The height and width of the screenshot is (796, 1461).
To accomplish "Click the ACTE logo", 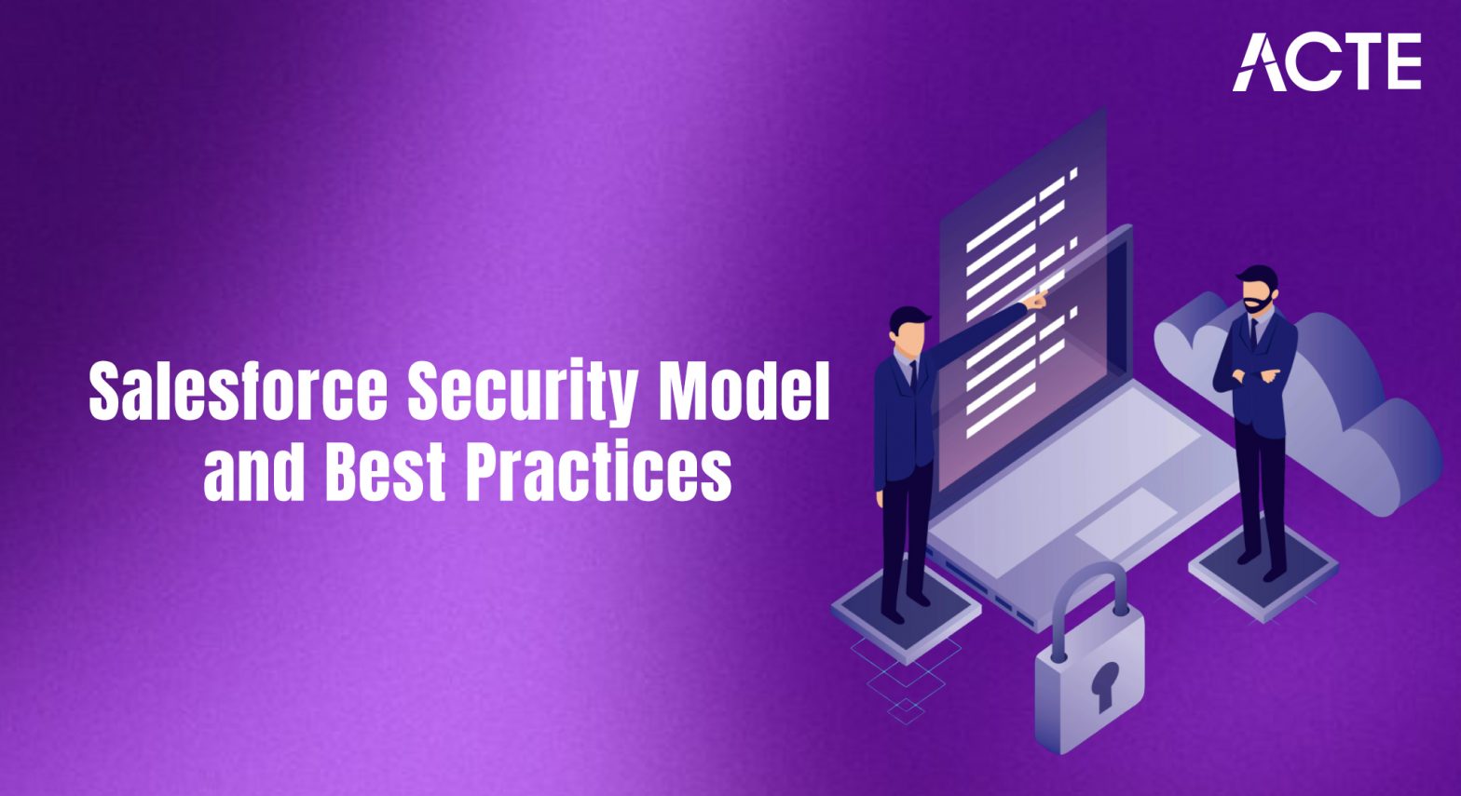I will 1327,62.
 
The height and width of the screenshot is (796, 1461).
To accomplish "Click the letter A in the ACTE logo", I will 1259,63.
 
